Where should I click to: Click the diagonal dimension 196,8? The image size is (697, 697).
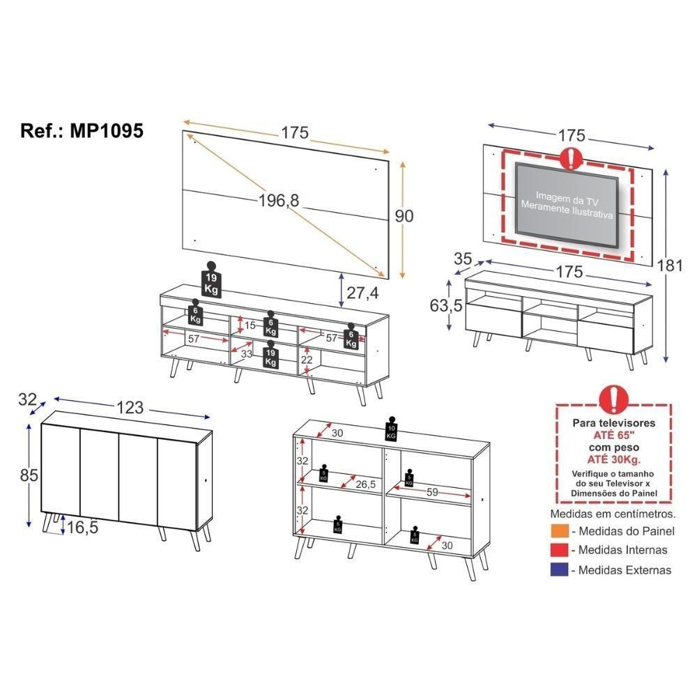278,201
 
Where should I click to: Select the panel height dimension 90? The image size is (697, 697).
404,216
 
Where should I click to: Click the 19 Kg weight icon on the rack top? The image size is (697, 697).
211,279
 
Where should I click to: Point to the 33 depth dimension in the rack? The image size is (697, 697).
246,354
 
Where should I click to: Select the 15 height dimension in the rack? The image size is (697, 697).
250,325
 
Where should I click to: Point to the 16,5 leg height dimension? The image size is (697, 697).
83,528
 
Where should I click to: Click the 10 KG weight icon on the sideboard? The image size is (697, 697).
391,431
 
